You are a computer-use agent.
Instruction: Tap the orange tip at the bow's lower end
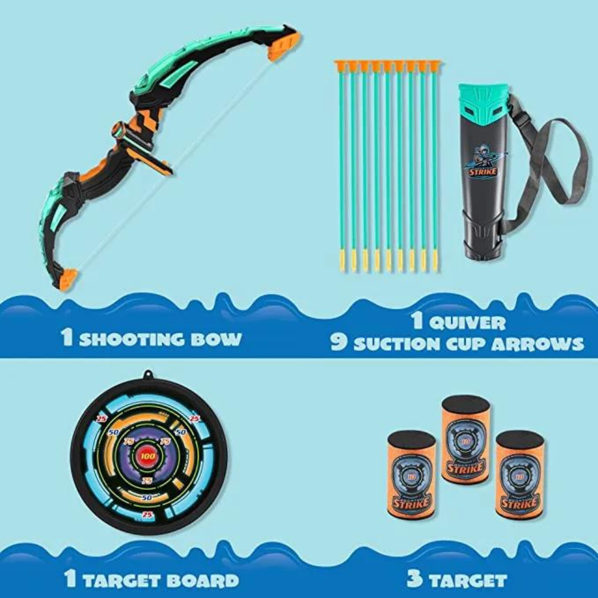tap(68, 279)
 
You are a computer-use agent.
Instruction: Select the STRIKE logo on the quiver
tap(482, 171)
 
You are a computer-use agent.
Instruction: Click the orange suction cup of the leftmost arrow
tap(340, 66)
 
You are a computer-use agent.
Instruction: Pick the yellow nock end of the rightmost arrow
tap(435, 260)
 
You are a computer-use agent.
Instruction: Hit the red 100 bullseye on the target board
tap(148, 456)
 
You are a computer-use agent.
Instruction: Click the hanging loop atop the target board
tap(147, 375)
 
